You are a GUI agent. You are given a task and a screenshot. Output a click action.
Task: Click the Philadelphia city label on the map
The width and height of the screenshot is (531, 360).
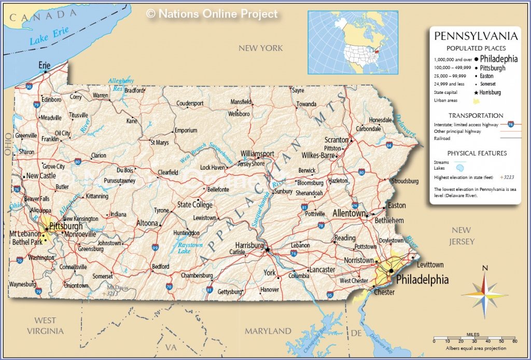tap(422, 280)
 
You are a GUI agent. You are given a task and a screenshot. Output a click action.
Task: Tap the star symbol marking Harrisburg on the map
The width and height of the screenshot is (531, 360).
tap(268, 250)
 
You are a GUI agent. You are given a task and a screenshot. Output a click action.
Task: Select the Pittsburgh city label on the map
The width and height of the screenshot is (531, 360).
tap(65, 226)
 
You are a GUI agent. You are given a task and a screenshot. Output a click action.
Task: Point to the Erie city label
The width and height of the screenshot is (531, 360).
tap(45, 65)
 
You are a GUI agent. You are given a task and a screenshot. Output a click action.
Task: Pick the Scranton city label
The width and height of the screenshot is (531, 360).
tap(336, 140)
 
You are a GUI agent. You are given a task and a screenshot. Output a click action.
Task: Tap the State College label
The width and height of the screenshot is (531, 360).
tap(195, 205)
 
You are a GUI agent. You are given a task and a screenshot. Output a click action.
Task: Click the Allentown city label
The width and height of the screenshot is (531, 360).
tap(349, 213)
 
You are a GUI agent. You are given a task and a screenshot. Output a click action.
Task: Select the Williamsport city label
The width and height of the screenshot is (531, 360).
tap(257, 154)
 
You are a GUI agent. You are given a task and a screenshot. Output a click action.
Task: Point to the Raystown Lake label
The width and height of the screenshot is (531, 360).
tap(190, 248)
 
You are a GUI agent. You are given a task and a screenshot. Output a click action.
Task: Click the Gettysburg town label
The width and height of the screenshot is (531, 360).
tap(229, 292)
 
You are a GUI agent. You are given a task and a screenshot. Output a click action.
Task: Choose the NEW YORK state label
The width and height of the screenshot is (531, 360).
tap(260, 48)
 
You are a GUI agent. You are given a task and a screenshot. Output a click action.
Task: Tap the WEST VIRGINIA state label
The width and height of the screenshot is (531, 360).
tap(45, 325)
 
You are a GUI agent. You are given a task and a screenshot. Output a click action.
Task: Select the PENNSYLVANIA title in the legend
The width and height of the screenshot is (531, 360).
tap(476, 36)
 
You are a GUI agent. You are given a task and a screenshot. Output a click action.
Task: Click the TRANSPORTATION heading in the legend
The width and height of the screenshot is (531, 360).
tap(476, 115)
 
